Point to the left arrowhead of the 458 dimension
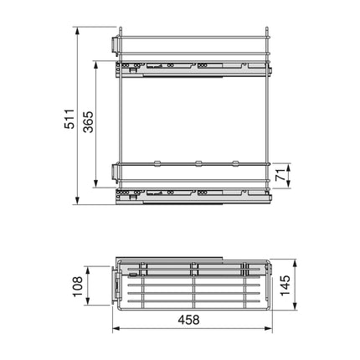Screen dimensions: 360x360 pyautogui.click(x=116, y=330)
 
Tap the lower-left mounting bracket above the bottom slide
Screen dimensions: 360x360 pyautogui.click(x=114, y=172)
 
